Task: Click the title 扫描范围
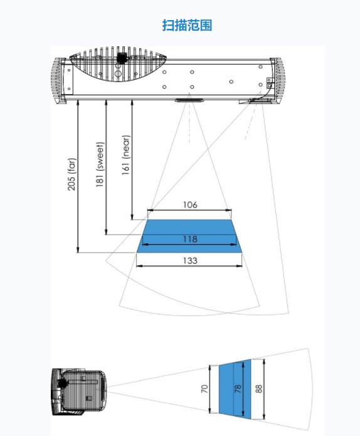pos(187,25)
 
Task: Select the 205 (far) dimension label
pos(71,174)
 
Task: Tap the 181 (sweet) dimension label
pos(100,164)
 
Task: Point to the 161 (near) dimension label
pos(125,155)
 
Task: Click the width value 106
pos(190,205)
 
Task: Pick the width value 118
pos(190,239)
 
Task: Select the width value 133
pos(190,261)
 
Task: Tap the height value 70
pos(204,389)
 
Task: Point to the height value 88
pos(258,389)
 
